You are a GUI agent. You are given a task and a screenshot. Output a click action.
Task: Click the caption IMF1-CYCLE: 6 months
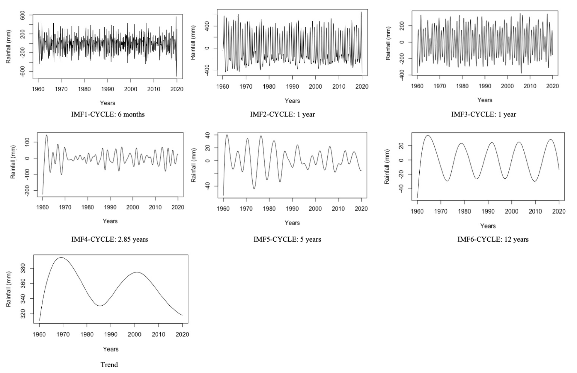click(x=108, y=114)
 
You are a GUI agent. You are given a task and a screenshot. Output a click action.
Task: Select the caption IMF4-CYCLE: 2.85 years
click(x=109, y=239)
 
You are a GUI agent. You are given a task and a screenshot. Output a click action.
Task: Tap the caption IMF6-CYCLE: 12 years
click(x=493, y=239)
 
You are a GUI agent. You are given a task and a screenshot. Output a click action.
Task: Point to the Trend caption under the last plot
click(x=109, y=365)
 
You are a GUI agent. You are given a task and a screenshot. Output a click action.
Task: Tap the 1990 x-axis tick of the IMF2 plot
click(x=292, y=87)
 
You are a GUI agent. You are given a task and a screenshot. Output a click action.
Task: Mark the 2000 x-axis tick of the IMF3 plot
click(x=507, y=86)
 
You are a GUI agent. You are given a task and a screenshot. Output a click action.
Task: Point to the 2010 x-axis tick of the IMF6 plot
click(x=535, y=212)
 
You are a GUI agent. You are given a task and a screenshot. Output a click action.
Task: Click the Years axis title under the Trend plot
click(x=111, y=349)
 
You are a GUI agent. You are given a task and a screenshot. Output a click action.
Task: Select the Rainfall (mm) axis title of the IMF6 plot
click(x=387, y=166)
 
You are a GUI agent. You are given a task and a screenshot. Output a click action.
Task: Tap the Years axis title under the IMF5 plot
click(x=292, y=223)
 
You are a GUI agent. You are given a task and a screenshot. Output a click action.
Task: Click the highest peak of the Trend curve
click(x=61, y=257)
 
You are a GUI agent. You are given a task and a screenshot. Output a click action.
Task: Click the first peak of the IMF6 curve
click(x=428, y=135)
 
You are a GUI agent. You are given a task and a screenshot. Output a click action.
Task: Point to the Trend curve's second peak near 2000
click(x=136, y=272)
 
